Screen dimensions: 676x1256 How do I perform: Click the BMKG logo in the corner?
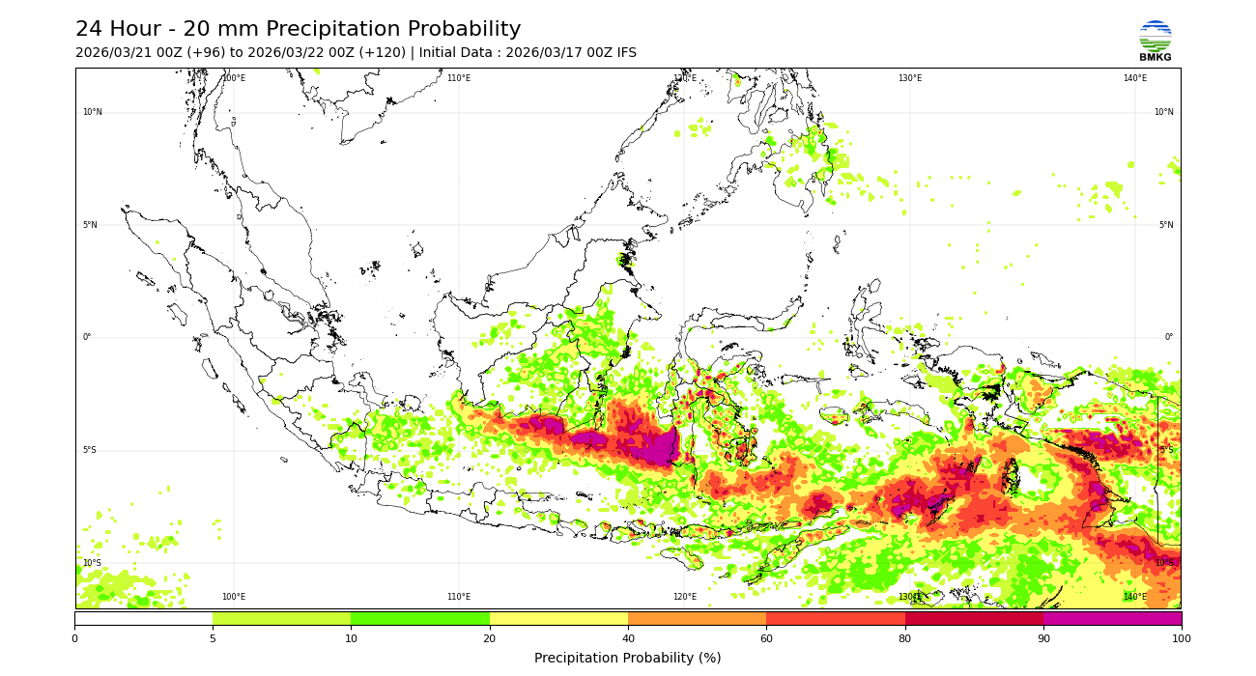[x=1155, y=41]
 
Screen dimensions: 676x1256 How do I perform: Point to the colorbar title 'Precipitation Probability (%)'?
[x=627, y=658]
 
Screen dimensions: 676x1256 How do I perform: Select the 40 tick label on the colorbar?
[x=628, y=638]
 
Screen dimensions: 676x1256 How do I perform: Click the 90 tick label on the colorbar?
[x=1042, y=638]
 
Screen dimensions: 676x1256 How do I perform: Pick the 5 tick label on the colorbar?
[x=213, y=638]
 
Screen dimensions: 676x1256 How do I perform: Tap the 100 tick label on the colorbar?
[x=1181, y=638]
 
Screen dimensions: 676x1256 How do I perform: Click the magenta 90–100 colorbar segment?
[x=1112, y=618]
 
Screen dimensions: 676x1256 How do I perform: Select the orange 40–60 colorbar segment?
[x=697, y=618]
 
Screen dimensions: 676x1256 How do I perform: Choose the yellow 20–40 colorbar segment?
[x=558, y=618]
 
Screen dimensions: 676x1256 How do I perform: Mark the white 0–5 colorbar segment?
[x=143, y=618]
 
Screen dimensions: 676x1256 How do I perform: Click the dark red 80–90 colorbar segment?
[x=974, y=618]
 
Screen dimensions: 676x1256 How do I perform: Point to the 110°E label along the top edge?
[x=459, y=78]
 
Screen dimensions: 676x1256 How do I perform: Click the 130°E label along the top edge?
[x=910, y=78]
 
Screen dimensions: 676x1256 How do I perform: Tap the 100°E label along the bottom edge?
[x=234, y=597]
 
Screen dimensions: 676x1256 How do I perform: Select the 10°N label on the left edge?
[x=92, y=112]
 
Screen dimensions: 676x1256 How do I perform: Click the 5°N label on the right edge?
[x=1166, y=225]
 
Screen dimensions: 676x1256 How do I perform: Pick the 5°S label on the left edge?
[x=90, y=450]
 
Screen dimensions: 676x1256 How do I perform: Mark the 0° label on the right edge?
[x=1168, y=337]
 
